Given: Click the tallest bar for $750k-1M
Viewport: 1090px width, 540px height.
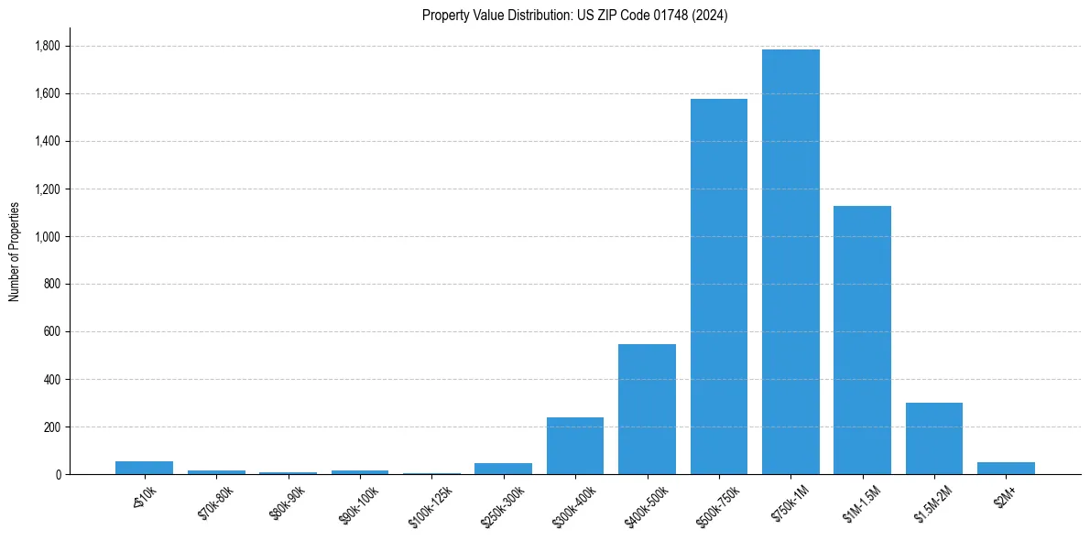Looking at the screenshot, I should tap(790, 262).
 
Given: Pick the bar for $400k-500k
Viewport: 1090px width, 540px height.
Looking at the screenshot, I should tap(647, 409).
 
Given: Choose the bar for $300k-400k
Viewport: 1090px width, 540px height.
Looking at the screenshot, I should tap(575, 446).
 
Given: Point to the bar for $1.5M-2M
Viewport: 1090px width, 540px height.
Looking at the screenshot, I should tap(934, 438).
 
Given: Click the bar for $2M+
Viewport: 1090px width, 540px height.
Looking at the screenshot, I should tap(1006, 468).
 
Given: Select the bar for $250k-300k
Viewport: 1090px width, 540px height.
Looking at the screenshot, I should tap(503, 469).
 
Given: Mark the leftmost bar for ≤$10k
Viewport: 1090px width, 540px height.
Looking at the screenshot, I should tap(144, 468).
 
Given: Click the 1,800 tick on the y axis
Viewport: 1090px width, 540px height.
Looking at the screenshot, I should tap(49, 46).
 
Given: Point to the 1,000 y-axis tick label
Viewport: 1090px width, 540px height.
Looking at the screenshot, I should tap(49, 236).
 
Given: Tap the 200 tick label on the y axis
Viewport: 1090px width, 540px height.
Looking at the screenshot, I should tap(53, 427).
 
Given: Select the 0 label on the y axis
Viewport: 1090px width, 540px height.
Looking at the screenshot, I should tap(58, 474).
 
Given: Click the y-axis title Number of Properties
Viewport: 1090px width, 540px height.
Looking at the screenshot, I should tap(14, 252).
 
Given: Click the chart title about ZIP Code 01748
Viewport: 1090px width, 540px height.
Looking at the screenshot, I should tap(574, 16).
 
